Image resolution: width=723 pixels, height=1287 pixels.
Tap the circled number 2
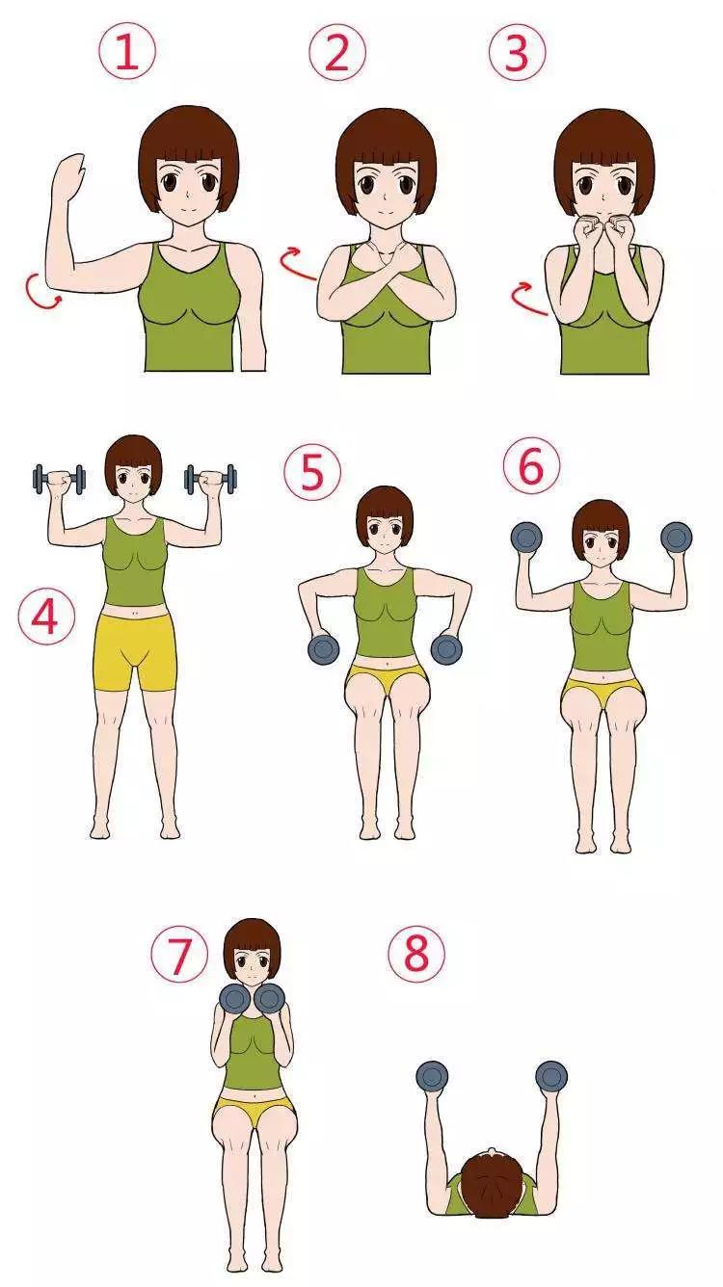(337, 51)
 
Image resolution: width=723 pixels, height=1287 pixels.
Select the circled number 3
(517, 51)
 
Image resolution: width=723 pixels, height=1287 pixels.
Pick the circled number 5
(312, 472)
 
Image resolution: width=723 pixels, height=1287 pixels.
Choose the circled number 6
(531, 466)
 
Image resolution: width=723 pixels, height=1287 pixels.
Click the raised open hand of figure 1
(68, 176)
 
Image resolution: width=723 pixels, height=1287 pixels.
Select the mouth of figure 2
(386, 210)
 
